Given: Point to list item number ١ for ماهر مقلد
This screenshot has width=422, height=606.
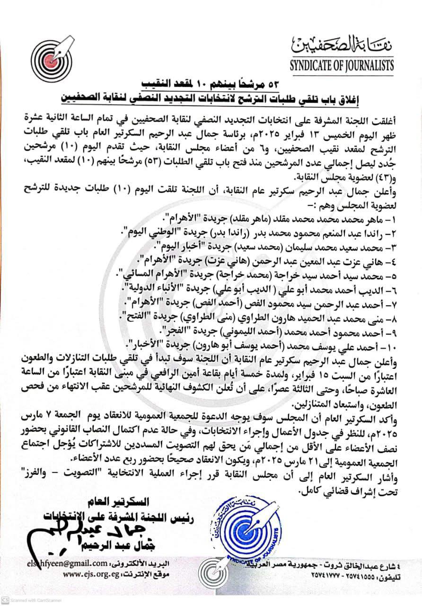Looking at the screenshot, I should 280,219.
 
